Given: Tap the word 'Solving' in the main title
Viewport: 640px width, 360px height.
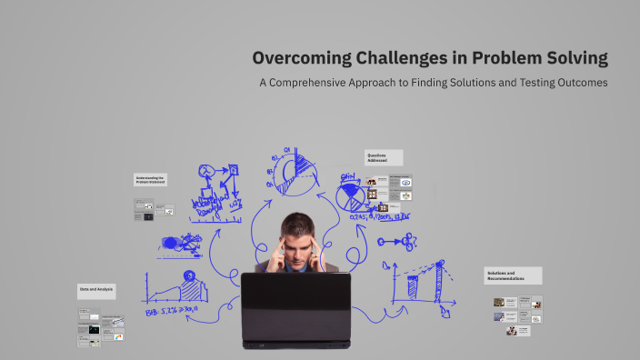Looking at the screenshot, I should point(573,59).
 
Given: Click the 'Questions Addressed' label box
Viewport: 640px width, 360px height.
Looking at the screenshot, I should point(384,157).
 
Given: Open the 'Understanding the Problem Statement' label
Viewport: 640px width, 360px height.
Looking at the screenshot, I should point(150,179).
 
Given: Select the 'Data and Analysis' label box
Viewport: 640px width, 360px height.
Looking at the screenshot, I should point(96,291).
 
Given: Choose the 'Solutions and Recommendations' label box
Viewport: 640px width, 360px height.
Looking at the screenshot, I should point(512,275).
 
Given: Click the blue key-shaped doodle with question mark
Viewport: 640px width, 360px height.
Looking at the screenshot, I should point(399,242).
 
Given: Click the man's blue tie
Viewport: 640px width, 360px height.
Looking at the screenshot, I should point(296,266).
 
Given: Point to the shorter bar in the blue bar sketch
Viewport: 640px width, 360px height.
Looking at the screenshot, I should point(413,287).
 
